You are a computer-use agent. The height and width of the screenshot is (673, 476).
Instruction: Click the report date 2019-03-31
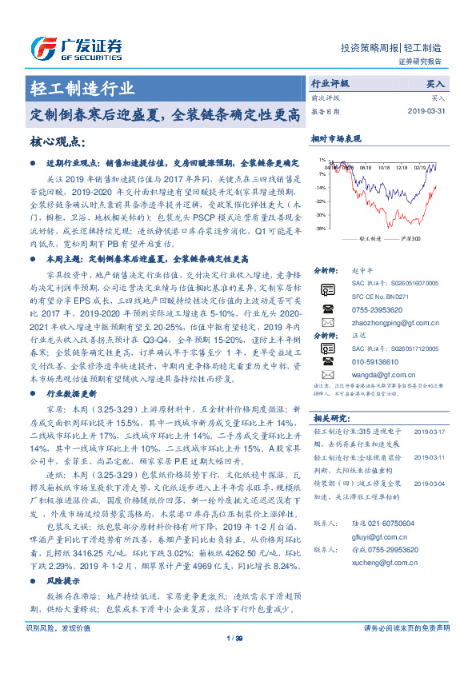423,111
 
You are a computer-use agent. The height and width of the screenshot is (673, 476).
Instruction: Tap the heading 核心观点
56,141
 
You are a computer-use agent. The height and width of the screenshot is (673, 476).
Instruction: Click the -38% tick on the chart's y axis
320,229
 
